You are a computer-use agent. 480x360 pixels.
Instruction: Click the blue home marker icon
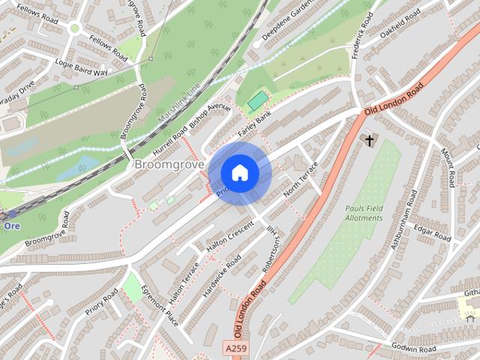[x=239, y=173]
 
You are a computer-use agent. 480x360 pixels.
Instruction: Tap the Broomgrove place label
[x=166, y=163]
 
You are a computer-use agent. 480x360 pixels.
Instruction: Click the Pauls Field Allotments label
[x=364, y=213]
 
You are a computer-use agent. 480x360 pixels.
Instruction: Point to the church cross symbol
[x=368, y=139]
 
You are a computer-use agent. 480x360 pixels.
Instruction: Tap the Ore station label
[x=11, y=224]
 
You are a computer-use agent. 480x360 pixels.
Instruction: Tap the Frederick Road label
[x=362, y=35]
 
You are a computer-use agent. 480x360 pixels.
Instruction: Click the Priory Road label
[x=102, y=305]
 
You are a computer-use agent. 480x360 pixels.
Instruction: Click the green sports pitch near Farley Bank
[x=257, y=100]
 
